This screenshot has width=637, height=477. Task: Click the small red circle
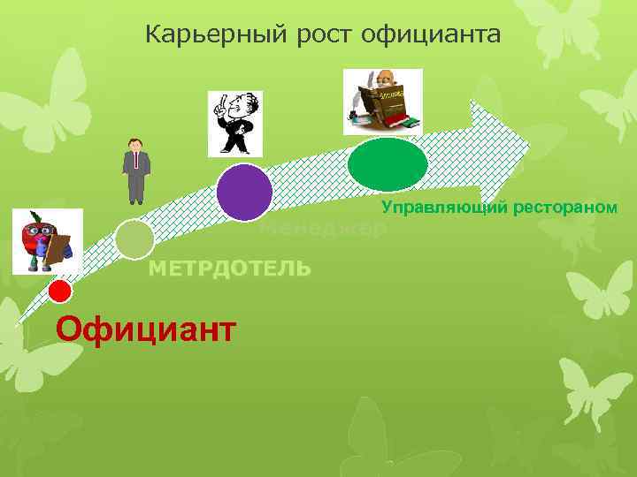59,290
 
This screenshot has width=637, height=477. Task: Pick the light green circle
134,238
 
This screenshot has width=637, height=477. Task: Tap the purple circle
244,192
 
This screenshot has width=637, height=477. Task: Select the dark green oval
388,164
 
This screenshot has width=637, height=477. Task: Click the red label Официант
145,329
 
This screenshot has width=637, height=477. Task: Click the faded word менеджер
324,229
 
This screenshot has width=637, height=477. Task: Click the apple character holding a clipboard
47,240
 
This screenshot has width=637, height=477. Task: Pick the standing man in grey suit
135,170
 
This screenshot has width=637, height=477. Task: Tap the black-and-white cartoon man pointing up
234,124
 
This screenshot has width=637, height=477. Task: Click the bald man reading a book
382,102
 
